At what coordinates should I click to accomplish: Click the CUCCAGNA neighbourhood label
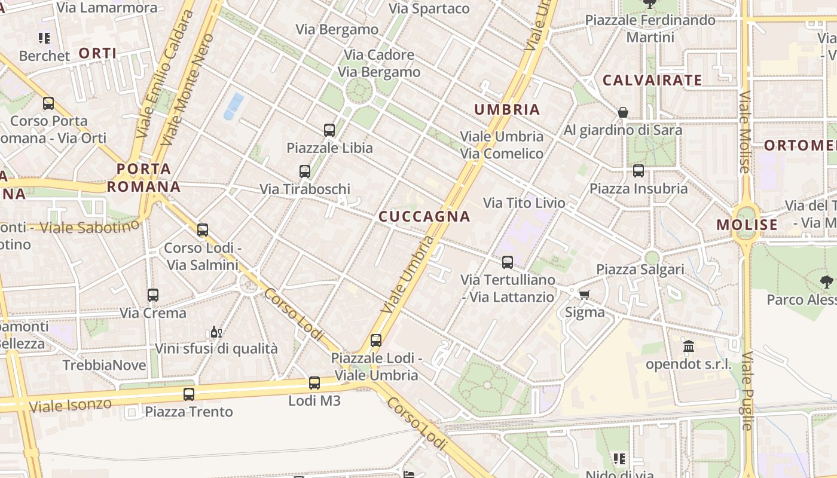tap(424, 216)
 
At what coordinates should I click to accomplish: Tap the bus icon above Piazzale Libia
tap(329, 130)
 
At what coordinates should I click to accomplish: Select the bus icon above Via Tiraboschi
tap(305, 171)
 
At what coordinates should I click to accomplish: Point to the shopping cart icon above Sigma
tap(585, 295)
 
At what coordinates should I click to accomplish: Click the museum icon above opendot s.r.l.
tap(689, 346)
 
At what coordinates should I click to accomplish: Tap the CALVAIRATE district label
tap(652, 80)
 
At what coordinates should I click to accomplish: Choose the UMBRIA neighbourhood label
tap(507, 109)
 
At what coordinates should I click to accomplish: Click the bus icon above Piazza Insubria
tap(639, 171)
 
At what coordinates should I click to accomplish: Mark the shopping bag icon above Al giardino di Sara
tap(623, 112)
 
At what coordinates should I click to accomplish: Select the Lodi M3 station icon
tap(314, 383)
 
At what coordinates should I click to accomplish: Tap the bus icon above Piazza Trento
tap(189, 394)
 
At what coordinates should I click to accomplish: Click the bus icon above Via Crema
tap(153, 295)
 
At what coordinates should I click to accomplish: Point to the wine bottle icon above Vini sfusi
tap(216, 332)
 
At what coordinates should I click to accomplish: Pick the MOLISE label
tap(747, 225)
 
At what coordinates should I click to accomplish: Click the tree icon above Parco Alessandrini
tap(827, 281)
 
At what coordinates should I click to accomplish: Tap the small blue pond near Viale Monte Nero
tap(234, 105)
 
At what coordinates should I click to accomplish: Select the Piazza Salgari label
tap(640, 269)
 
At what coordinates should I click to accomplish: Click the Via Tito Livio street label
tap(524, 203)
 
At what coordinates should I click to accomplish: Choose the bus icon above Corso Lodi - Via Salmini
tap(203, 229)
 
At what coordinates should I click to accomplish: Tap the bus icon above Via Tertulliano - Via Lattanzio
tap(508, 262)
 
